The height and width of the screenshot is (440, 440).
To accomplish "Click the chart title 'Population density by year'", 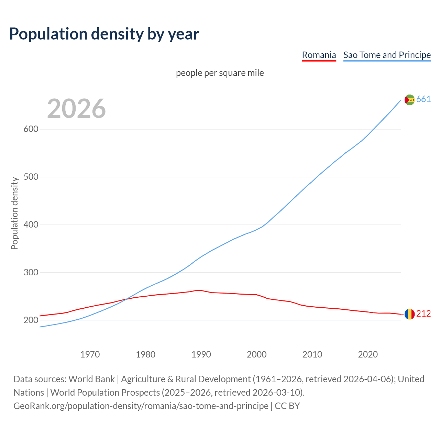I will click(x=104, y=34).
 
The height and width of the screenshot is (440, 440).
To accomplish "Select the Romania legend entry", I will click(x=319, y=55).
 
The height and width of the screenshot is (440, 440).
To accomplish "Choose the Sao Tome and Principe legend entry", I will click(x=387, y=55).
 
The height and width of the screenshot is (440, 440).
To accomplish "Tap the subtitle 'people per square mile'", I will click(x=220, y=73).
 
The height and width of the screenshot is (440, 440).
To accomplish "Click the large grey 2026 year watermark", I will click(x=76, y=109).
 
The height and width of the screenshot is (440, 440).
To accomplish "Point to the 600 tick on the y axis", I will click(x=31, y=129).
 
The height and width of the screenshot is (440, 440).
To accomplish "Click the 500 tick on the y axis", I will click(x=31, y=177).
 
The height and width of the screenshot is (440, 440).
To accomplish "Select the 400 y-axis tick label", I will click(x=31, y=225).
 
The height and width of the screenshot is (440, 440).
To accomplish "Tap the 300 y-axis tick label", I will click(x=31, y=273).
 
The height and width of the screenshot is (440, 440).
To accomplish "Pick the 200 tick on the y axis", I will click(x=31, y=320).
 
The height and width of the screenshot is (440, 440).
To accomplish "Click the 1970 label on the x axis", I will click(x=90, y=354).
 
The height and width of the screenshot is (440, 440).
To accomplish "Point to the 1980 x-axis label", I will click(x=146, y=354).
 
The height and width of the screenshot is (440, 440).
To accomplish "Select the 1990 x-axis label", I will click(x=201, y=354).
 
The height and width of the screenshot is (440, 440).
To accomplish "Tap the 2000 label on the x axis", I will click(x=257, y=354).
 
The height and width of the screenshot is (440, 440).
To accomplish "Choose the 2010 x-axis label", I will click(x=312, y=354).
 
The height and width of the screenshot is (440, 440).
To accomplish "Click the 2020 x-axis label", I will click(x=368, y=354).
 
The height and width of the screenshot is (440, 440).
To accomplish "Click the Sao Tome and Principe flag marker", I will click(x=409, y=100).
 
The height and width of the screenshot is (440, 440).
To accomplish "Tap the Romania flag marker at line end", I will click(x=409, y=314).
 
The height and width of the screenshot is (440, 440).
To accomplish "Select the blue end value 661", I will click(x=423, y=99).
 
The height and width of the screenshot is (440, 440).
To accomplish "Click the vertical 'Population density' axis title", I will click(x=14, y=213).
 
